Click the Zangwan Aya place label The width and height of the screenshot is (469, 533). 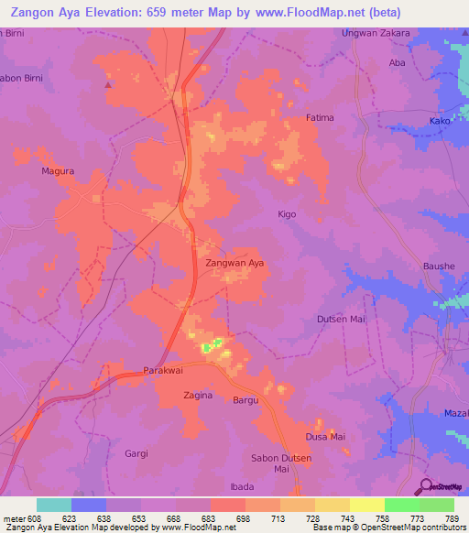(234, 263)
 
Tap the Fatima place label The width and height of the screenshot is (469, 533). (320, 118)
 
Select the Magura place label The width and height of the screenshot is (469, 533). (57, 170)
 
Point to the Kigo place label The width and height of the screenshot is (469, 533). (287, 213)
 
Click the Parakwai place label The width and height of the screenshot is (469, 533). (165, 371)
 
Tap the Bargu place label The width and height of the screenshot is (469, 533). (245, 400)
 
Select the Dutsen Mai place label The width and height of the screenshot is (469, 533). (341, 319)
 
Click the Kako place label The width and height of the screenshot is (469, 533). (440, 121)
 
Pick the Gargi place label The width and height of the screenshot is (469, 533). (136, 453)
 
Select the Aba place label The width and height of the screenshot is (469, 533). (397, 62)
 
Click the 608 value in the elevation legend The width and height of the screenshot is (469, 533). (28, 518)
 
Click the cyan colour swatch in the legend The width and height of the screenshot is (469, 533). (54, 505)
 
